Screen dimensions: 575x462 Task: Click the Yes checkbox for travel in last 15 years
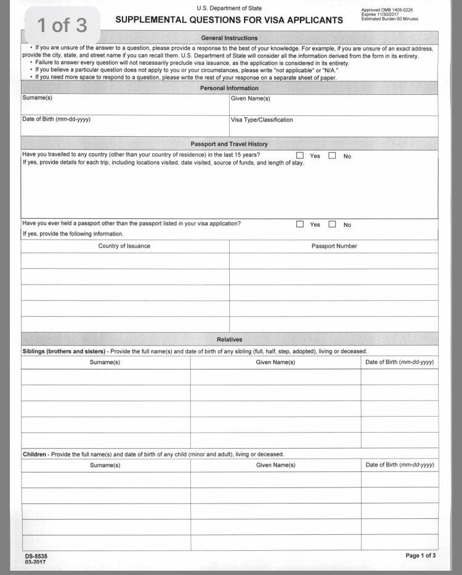pyautogui.click(x=300, y=156)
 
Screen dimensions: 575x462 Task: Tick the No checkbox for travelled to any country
pyautogui.click(x=332, y=156)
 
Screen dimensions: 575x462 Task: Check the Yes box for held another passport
pyautogui.click(x=300, y=224)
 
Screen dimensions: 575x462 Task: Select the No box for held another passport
pyautogui.click(x=332, y=224)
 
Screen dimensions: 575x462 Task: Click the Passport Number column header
pyautogui.click(x=334, y=246)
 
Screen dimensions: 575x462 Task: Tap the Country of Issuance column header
pyautogui.click(x=124, y=246)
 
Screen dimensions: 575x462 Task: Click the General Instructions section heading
pyautogui.click(x=229, y=38)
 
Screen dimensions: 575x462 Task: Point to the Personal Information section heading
pyautogui.click(x=229, y=88)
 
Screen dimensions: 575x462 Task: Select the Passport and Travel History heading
pyautogui.click(x=229, y=144)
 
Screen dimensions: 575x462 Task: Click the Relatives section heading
pyautogui.click(x=229, y=340)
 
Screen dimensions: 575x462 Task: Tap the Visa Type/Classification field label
pyautogui.click(x=262, y=120)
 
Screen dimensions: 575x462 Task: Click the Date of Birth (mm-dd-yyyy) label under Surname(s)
pyautogui.click(x=56, y=119)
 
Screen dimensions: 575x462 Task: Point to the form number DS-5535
pyautogui.click(x=36, y=556)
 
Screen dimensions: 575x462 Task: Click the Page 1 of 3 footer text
pyautogui.click(x=421, y=555)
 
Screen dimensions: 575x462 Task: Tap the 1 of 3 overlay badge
pyautogui.click(x=62, y=25)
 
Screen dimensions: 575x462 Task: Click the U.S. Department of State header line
pyautogui.click(x=229, y=8)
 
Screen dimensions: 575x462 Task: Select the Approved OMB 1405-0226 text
pyautogui.click(x=387, y=10)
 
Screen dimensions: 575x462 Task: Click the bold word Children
pyautogui.click(x=34, y=454)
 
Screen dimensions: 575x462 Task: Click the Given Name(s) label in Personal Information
pyautogui.click(x=250, y=99)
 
